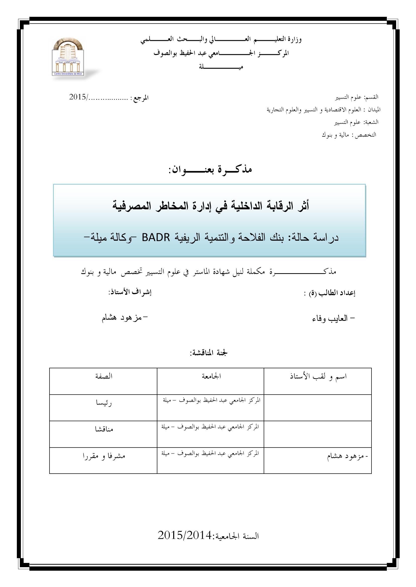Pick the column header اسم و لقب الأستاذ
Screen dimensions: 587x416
[318, 377]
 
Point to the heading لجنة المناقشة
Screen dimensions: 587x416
[209, 353]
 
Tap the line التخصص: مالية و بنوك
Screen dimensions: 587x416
[349, 135]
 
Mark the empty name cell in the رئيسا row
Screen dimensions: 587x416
[318, 408]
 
